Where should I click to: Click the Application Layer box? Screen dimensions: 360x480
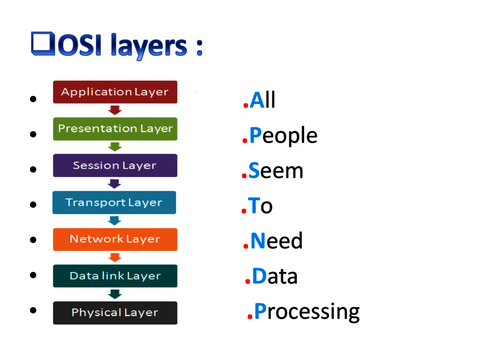115,92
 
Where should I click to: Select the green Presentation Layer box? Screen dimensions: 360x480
115,129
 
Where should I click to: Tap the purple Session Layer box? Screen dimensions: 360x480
115,165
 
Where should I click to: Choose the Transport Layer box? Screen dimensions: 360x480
114,202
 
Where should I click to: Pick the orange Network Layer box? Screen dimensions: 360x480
115,239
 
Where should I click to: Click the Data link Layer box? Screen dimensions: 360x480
115,276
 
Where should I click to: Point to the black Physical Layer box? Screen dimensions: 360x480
115,313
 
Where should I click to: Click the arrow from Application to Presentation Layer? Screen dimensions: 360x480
115,110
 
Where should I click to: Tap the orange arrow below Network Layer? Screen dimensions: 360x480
115,257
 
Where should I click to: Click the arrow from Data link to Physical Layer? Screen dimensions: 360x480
115,294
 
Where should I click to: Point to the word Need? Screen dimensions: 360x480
277,241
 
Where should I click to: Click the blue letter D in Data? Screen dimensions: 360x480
259,277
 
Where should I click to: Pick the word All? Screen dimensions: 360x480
262,100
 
